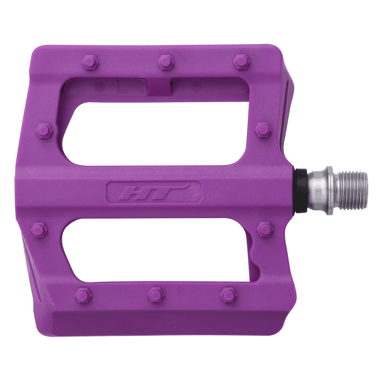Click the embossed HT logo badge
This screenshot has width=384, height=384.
pyautogui.click(x=154, y=192)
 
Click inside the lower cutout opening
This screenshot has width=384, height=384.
pyautogui.click(x=158, y=250)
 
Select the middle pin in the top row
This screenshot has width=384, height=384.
pyautogui.click(x=165, y=61)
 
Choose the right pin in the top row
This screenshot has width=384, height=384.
pyautogui.click(x=241, y=61)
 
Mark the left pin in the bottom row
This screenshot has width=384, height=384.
pyautogui.click(x=84, y=295)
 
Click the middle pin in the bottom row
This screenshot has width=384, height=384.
pyautogui.click(x=156, y=294)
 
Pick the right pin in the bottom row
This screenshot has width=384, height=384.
pyautogui.click(x=229, y=294)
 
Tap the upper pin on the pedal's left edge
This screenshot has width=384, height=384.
pyautogui.click(x=45, y=130)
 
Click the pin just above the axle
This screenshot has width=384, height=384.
pyautogui.click(x=263, y=129)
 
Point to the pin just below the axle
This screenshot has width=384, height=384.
pyautogui.click(x=264, y=228)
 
